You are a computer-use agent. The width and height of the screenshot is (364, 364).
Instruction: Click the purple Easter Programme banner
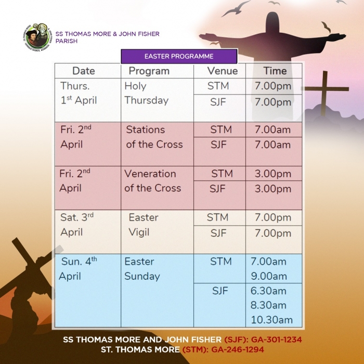coord(179,56)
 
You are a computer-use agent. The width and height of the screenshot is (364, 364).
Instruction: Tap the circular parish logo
coord(37,37)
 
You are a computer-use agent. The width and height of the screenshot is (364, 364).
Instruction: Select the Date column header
coord(84,71)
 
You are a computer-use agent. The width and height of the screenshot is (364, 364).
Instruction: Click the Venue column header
coord(223,71)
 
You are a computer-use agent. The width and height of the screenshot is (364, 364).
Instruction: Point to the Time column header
coord(275,71)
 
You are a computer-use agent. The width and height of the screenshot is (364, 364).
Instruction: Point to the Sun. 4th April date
coord(78,269)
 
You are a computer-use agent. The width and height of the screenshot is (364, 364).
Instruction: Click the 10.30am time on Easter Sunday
coord(271,320)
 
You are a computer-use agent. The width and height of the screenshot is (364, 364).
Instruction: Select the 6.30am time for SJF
coord(268,291)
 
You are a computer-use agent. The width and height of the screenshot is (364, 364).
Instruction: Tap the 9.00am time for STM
coord(269,276)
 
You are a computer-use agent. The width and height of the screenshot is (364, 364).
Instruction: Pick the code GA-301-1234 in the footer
coord(277,340)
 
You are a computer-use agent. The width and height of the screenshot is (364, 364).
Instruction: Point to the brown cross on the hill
coord(325,93)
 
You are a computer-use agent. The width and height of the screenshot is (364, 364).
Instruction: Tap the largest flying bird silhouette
coord(236,9)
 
